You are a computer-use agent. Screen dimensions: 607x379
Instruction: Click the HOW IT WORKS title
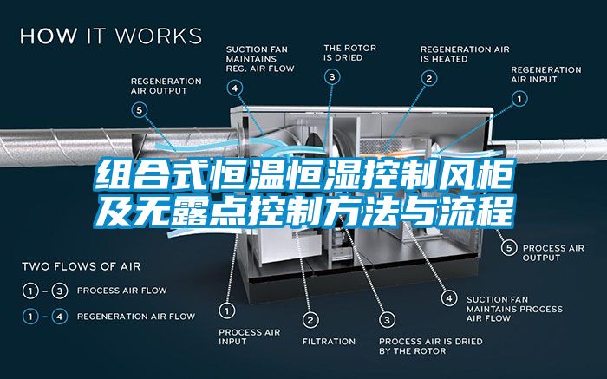tap(111, 36)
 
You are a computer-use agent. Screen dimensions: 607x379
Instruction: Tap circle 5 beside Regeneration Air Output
tap(140, 110)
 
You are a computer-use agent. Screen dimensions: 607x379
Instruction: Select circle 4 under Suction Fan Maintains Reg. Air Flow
tap(235, 88)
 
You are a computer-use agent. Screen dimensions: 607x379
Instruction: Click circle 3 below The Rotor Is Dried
tap(332, 76)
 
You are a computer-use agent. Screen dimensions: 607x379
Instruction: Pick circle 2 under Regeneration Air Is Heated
tap(429, 79)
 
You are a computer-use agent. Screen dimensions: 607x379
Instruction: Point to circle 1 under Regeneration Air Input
tap(519, 99)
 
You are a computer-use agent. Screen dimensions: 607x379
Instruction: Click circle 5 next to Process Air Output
tap(509, 247)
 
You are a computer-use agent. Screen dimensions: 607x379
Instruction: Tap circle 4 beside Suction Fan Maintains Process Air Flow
tap(449, 298)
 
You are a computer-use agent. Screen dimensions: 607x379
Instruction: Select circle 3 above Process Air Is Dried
tap(387, 320)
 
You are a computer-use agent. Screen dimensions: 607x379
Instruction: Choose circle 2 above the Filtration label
tap(310, 320)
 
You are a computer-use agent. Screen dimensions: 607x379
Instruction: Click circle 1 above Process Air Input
tap(227, 310)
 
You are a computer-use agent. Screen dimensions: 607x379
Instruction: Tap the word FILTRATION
tap(329, 342)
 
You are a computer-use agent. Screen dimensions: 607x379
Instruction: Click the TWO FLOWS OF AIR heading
tap(82, 266)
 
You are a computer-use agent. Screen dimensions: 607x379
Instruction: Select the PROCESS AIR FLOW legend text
tap(122, 291)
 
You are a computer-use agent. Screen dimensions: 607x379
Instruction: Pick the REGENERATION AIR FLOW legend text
tap(136, 317)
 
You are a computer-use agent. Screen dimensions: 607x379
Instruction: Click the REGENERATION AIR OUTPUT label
tap(166, 86)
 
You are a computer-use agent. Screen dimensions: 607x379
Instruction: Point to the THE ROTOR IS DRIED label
tap(350, 53)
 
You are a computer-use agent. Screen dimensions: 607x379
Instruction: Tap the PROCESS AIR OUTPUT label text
tap(553, 252)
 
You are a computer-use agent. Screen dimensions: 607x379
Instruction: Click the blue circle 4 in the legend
tap(59, 317)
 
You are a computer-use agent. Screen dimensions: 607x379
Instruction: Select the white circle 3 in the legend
tap(59, 291)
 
